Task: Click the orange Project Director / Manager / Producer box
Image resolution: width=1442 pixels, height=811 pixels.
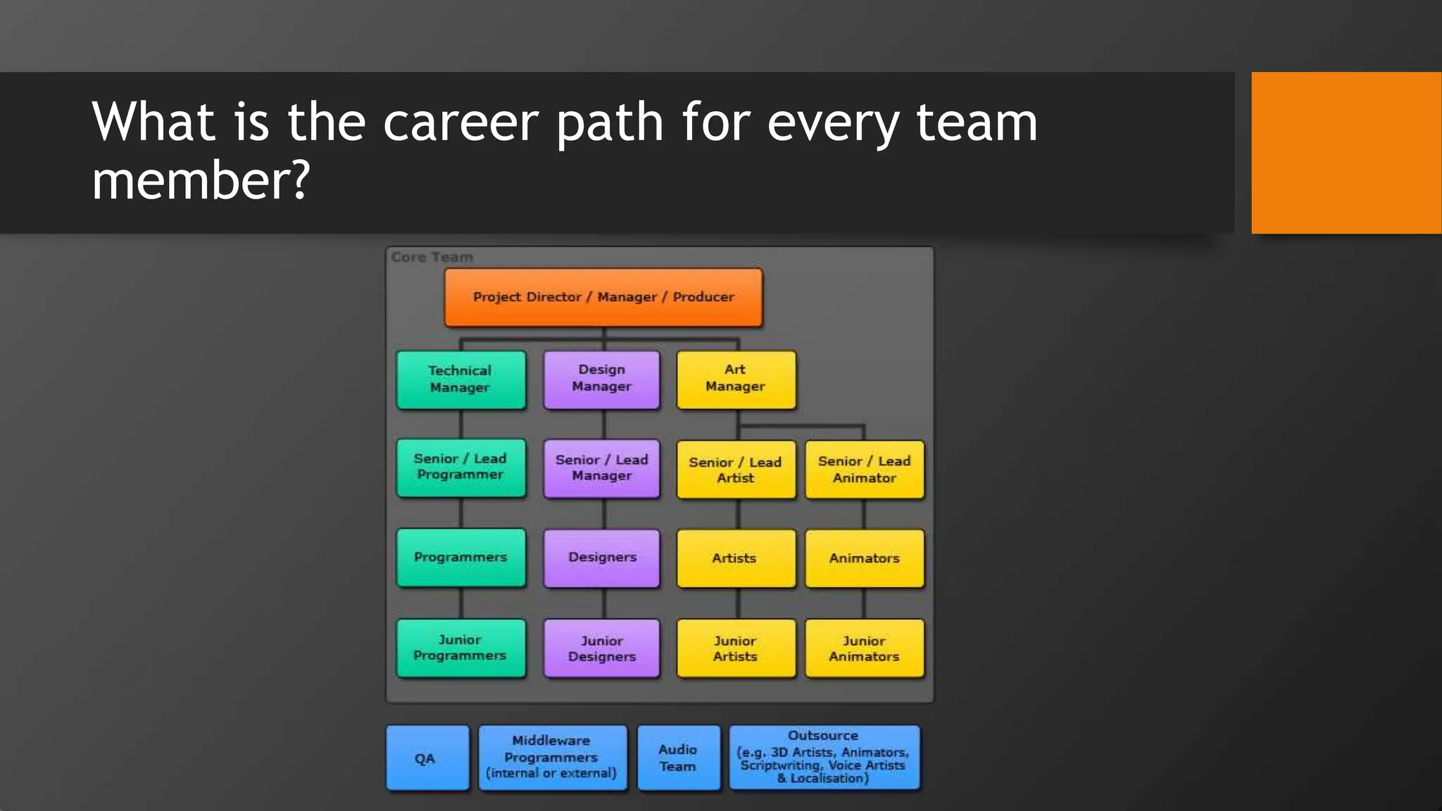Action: pyautogui.click(x=603, y=297)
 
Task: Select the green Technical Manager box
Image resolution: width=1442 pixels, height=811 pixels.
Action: pyautogui.click(x=461, y=379)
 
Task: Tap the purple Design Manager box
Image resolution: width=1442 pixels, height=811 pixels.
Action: pyautogui.click(x=602, y=379)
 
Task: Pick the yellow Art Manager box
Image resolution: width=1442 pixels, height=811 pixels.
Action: pyautogui.click(x=736, y=379)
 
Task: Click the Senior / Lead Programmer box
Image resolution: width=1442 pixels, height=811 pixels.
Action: pyautogui.click(x=461, y=467)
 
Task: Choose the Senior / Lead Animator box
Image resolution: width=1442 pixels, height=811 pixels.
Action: pyautogui.click(x=865, y=470)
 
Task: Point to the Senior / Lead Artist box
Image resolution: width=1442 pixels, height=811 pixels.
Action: pyautogui.click(x=736, y=470)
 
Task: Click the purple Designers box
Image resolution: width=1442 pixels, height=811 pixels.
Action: pyautogui.click(x=602, y=558)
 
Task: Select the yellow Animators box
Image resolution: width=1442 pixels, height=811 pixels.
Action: pyautogui.click(x=865, y=558)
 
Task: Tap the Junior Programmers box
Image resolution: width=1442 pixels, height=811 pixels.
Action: pyautogui.click(x=461, y=648)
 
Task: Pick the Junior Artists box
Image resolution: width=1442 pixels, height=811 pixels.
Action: pyautogui.click(x=736, y=648)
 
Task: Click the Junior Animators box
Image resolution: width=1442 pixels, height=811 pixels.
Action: pyautogui.click(x=865, y=648)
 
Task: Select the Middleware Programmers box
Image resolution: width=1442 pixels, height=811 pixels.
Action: pyautogui.click(x=552, y=757)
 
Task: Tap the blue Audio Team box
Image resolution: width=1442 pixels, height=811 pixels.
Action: pyautogui.click(x=679, y=757)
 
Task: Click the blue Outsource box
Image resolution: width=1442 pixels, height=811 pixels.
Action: pyautogui.click(x=824, y=757)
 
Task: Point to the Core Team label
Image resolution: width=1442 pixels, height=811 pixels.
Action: pyautogui.click(x=432, y=258)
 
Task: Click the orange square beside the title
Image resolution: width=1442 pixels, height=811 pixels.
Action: pyautogui.click(x=1346, y=153)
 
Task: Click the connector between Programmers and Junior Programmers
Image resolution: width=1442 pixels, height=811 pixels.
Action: pyautogui.click(x=461, y=603)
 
